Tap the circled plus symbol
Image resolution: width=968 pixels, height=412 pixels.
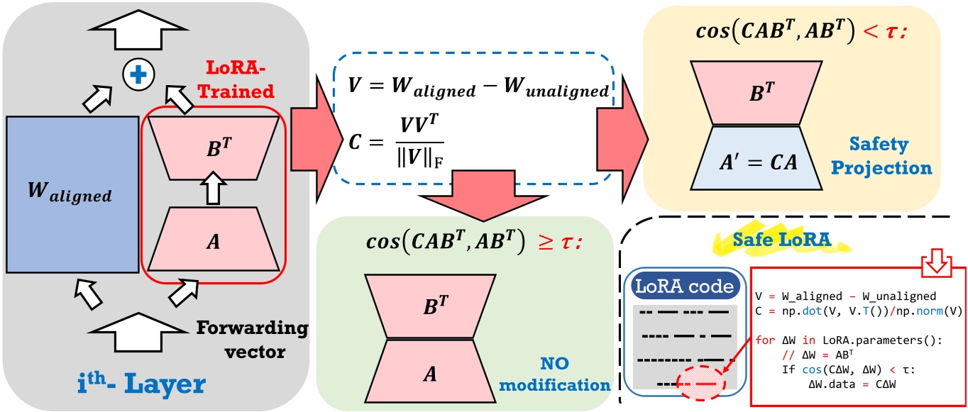[138, 73]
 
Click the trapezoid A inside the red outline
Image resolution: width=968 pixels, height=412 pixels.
[214, 240]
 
